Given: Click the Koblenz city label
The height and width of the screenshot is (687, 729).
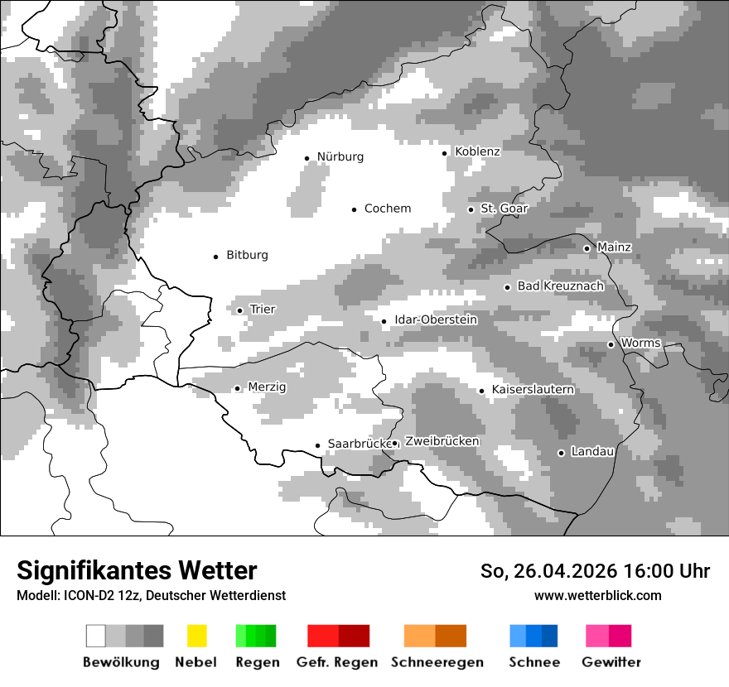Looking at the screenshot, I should pos(477,152).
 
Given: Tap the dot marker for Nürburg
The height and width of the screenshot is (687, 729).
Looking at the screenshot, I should pos(307,158).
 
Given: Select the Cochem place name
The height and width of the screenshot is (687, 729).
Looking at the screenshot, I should pos(388,209).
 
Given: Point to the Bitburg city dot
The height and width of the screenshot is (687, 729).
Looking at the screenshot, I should pos(216,257).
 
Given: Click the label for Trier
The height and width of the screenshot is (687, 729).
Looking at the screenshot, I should pos(263,310).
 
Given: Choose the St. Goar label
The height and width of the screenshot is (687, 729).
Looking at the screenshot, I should pos(504,209).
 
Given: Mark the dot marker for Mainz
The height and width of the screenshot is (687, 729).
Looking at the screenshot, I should pos(587,248).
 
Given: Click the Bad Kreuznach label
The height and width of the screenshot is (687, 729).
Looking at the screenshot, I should pos(560,286).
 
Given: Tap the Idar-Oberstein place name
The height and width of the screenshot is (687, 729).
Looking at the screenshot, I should pos(436,320).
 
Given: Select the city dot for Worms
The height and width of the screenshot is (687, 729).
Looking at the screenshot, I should pos(611,344).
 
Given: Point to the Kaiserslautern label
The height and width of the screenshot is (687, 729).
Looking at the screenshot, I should pos(533,390).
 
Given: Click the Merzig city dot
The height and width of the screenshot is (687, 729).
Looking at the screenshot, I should pos(237,388).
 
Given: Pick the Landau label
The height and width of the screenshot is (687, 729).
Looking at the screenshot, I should pos(592,452).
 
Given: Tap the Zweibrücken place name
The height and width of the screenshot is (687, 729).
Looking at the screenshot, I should pos(442,442).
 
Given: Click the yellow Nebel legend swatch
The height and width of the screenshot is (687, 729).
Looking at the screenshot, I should pos(196,636).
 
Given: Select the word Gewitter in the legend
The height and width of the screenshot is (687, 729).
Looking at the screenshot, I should pos(611,662).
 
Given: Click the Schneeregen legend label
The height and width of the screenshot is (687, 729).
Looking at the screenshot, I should pos(437,662).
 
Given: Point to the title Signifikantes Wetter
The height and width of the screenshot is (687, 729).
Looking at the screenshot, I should pos(137,571).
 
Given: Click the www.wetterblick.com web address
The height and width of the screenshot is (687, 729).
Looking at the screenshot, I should pos(597,595).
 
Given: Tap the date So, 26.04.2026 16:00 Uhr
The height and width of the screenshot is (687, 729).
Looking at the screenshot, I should pos(595,571).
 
